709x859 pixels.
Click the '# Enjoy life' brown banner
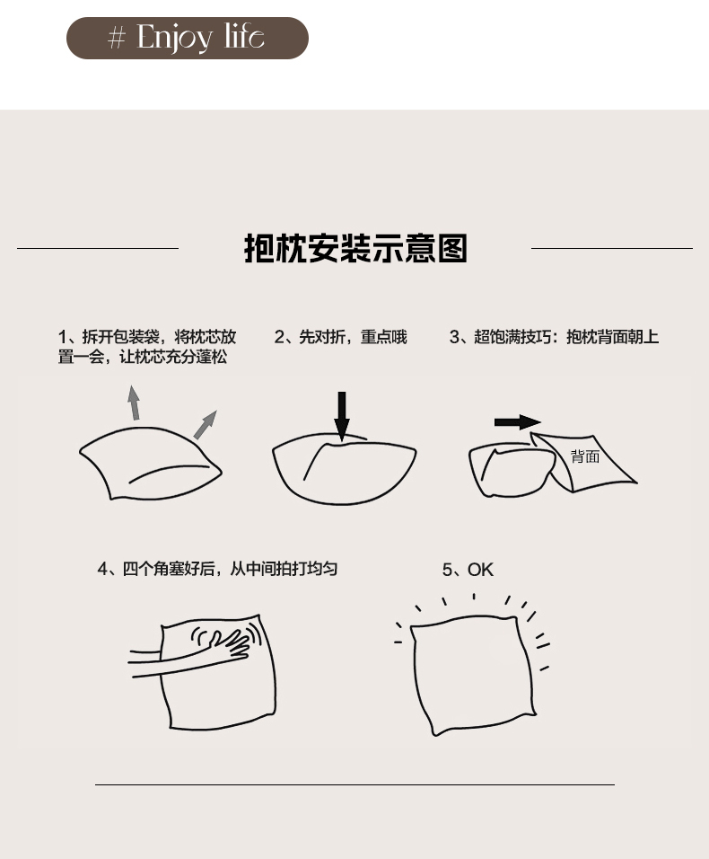click(x=187, y=38)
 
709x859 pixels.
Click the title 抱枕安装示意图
click(x=355, y=248)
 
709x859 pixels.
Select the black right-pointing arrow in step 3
click(x=518, y=421)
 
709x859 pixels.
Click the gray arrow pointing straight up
click(x=134, y=403)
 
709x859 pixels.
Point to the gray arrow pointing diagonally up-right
click(x=206, y=425)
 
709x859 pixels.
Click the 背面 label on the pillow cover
click(x=585, y=456)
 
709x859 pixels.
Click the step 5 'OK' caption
click(x=468, y=570)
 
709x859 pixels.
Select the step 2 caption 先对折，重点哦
click(x=341, y=337)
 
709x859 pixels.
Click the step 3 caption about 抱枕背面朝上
click(x=554, y=337)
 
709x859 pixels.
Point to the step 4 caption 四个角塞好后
click(x=217, y=569)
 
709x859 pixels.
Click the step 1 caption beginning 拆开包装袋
click(x=147, y=347)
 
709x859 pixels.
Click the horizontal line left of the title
click(x=98, y=248)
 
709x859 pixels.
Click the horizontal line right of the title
click(x=611, y=248)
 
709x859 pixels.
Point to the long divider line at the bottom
click(x=354, y=784)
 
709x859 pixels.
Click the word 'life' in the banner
click(x=244, y=36)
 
